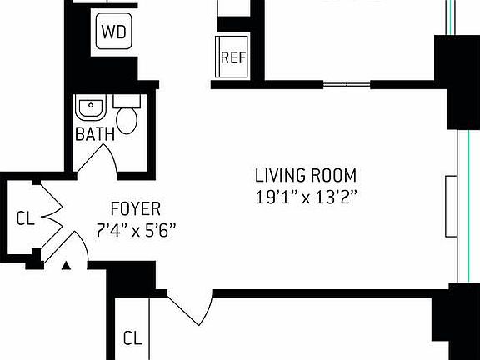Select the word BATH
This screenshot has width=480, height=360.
coord(95,134)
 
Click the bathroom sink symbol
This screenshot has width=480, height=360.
coord(87,108)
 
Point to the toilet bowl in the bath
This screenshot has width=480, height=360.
coord(127,120)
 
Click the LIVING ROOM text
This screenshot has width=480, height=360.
coord(306,176)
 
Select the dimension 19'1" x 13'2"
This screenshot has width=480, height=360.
coord(306,197)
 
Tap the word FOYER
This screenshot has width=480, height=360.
coord(135,208)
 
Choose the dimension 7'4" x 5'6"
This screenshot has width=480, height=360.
coord(135,230)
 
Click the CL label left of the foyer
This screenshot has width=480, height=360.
coord(25,219)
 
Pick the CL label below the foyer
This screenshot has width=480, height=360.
coord(132,338)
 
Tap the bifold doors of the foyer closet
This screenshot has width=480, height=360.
coord(50,218)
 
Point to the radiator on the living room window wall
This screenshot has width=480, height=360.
coord(451,205)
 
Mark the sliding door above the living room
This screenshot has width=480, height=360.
coord(346,84)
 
